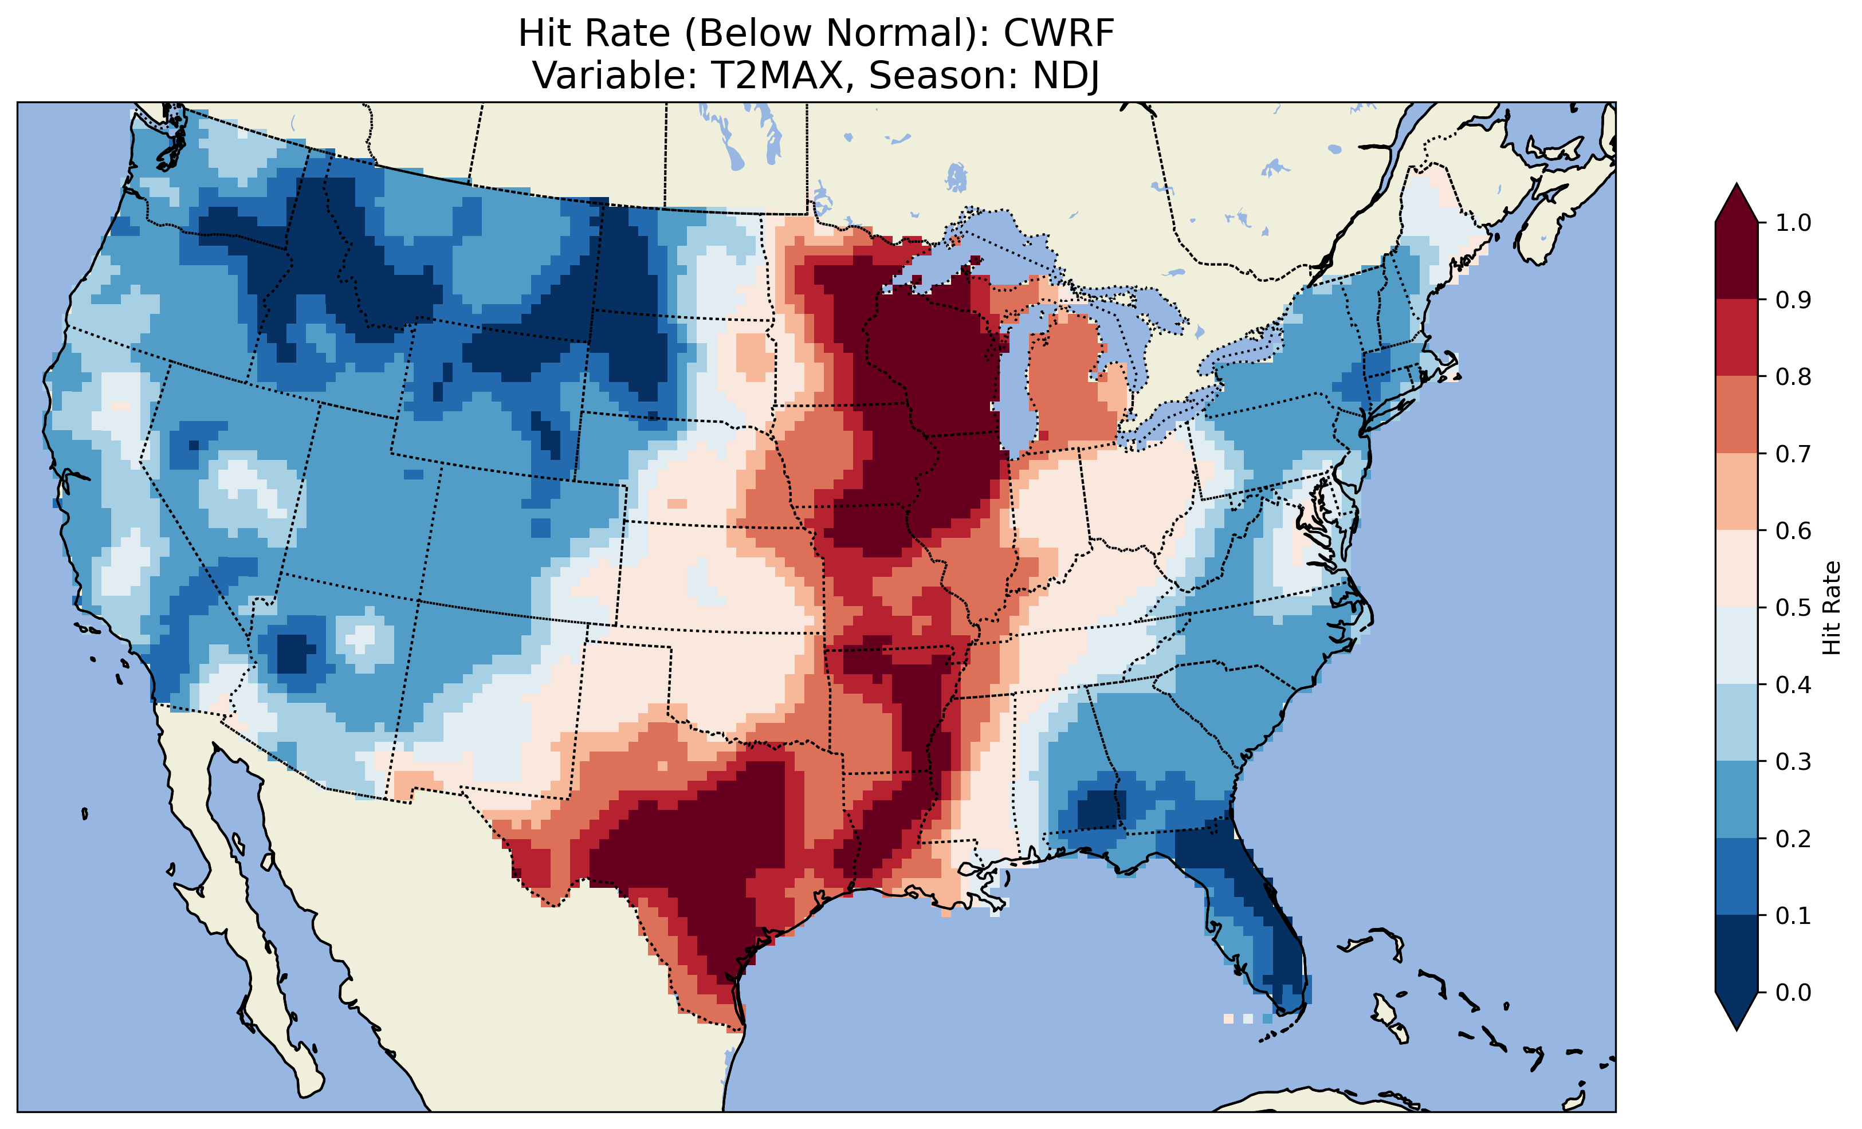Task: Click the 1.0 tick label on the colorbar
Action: [x=1793, y=223]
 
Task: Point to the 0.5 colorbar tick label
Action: [x=1793, y=608]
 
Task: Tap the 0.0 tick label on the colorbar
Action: [x=1793, y=992]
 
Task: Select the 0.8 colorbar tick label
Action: [x=1793, y=376]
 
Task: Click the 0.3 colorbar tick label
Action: [x=1793, y=762]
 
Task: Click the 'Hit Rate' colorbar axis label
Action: [x=1832, y=608]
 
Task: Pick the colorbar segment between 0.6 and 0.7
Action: [x=1737, y=491]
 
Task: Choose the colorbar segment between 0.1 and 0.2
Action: [x=1737, y=876]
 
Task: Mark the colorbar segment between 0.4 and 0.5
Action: [x=1737, y=646]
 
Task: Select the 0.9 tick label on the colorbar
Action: [x=1793, y=300]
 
